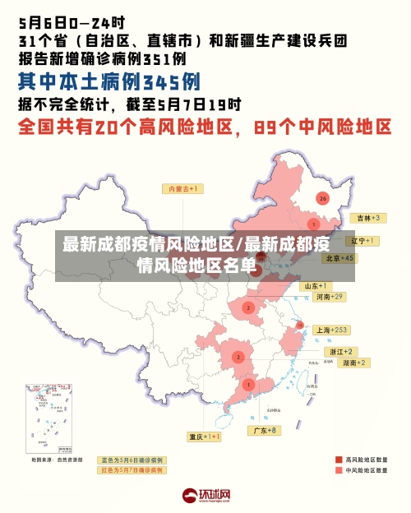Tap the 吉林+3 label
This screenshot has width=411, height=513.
click(366, 218)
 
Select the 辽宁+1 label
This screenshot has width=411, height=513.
click(362, 241)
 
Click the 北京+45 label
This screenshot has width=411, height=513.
click(339, 257)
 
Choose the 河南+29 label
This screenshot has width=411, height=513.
click(328, 296)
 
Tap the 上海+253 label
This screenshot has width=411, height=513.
click(332, 330)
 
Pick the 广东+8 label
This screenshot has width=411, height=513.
click(265, 430)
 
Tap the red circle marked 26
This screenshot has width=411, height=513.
click(322, 198)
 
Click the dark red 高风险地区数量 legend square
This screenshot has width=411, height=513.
click(338, 460)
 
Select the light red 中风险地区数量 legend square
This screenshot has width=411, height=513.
click(338, 471)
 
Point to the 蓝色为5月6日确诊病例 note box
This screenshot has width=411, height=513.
click(132, 460)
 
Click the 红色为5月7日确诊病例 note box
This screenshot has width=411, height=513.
click(132, 470)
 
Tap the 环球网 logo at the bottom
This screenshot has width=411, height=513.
click(206, 496)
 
